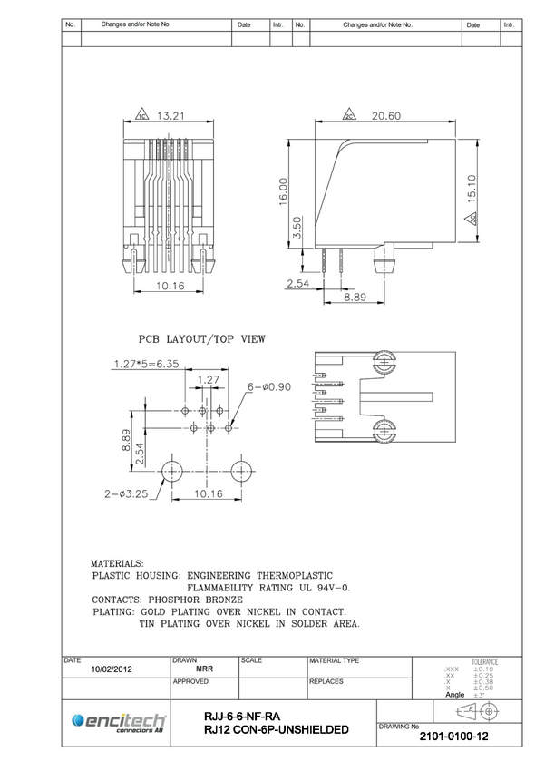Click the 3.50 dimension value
coord(297,229)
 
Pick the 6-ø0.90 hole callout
coord(269,387)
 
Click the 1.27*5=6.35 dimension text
coord(146,365)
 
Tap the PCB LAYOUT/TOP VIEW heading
coord(201,338)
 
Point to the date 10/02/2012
coord(112,669)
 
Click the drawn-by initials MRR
coord(204,669)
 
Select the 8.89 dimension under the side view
coord(355,297)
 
